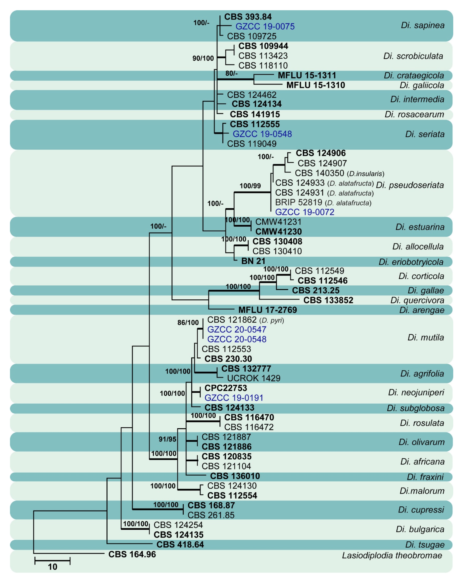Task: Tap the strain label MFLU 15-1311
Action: click(x=307, y=75)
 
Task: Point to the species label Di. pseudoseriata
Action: click(x=410, y=185)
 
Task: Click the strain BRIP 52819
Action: click(x=298, y=202)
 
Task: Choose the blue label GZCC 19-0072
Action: click(x=304, y=212)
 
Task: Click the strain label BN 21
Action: click(x=253, y=261)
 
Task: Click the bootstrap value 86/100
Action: click(x=188, y=323)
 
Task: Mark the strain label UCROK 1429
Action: click(x=254, y=378)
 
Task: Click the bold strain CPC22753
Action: click(x=226, y=388)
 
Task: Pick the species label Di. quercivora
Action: click(x=417, y=300)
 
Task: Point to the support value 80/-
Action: click(x=231, y=73)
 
